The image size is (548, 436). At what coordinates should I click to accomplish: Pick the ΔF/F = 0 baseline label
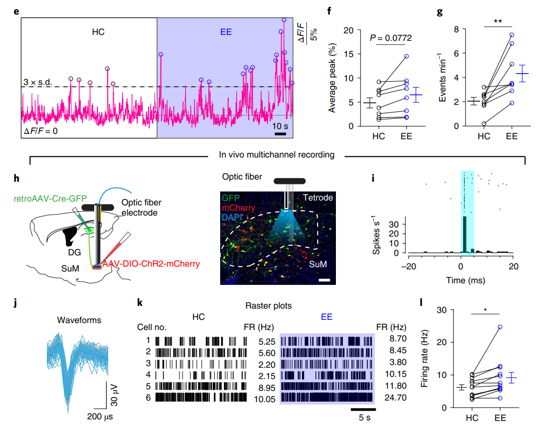point(40,131)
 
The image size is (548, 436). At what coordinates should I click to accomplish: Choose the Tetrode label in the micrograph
point(317,197)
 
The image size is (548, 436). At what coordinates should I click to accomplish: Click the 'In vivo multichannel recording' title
point(277,155)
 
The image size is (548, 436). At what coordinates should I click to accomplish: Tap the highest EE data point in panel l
point(500,327)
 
